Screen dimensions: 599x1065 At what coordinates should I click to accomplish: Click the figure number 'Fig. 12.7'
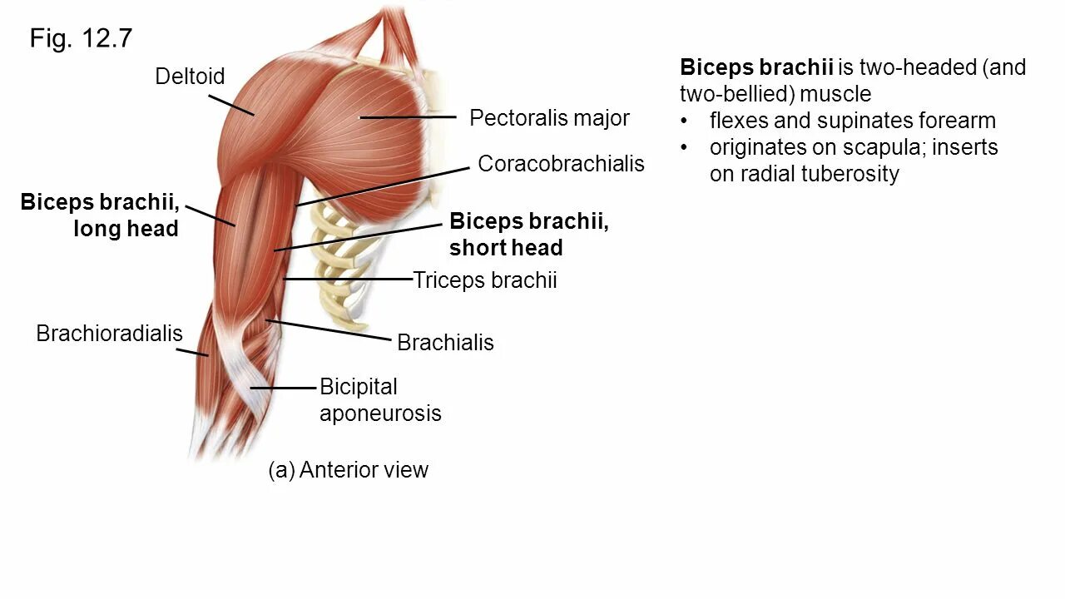(x=81, y=38)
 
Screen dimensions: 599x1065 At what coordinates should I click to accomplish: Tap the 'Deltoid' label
(x=190, y=77)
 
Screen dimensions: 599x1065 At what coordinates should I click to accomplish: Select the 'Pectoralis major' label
(x=549, y=118)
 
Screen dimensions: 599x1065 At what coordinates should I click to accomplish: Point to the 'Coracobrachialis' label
(x=561, y=163)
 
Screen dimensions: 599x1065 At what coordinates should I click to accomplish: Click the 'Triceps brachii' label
(x=485, y=280)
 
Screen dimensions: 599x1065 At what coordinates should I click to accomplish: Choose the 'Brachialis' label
(x=445, y=342)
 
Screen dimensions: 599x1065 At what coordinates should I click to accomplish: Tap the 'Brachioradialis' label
(x=109, y=334)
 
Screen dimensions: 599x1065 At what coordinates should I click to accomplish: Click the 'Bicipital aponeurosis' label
(x=379, y=400)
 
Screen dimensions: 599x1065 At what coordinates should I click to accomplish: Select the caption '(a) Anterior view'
(x=348, y=470)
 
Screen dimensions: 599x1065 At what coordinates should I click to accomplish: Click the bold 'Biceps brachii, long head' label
(x=100, y=215)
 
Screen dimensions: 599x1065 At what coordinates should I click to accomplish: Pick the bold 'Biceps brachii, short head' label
(x=528, y=235)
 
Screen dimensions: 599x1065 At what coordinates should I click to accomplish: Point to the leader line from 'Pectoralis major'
(x=408, y=118)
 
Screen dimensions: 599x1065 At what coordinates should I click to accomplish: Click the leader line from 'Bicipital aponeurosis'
(x=284, y=388)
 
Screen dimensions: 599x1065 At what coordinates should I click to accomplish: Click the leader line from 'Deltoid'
(x=230, y=104)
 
